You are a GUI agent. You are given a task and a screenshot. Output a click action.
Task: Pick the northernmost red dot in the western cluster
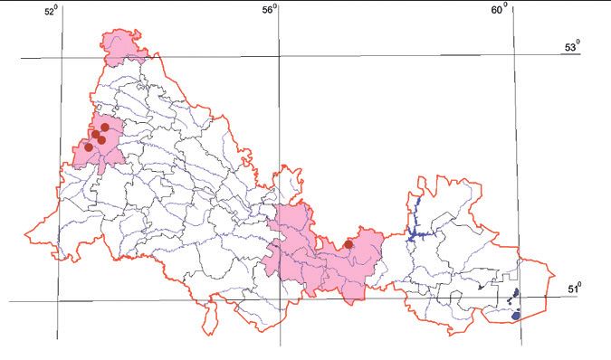(105, 128)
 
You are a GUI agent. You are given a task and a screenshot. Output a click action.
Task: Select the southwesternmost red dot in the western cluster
(88, 147)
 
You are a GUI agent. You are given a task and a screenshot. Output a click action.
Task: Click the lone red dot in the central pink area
(348, 243)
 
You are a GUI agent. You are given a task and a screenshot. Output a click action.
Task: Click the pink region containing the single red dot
(321, 258)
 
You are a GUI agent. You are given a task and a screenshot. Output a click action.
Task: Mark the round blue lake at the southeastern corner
(516, 317)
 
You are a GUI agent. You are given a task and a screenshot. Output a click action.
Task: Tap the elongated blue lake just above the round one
(514, 294)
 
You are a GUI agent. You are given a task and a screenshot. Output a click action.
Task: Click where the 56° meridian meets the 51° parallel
(280, 301)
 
